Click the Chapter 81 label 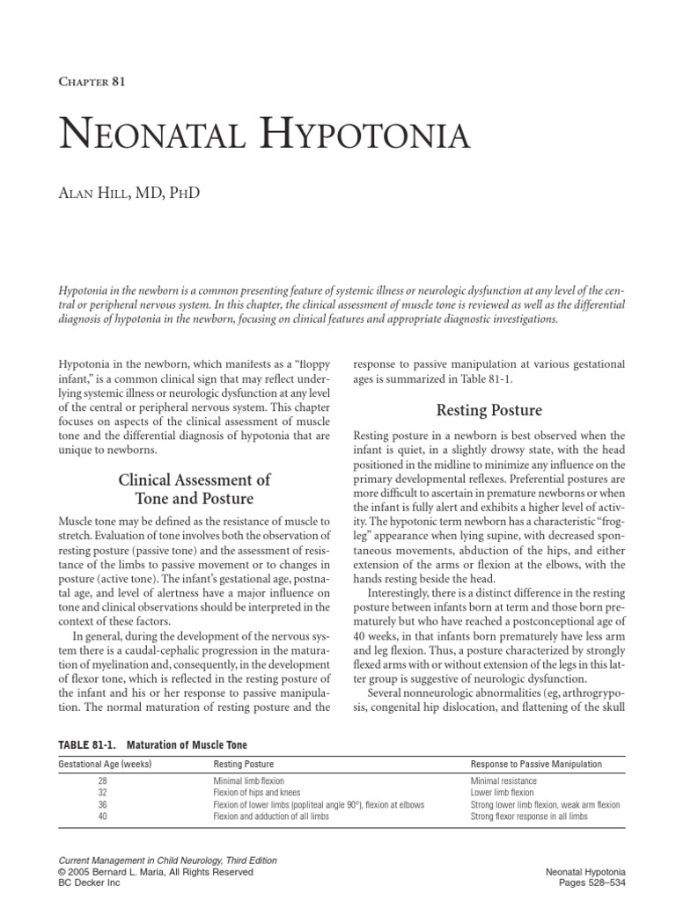(92, 84)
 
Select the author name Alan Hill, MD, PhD (129, 192)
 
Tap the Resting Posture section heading (489, 410)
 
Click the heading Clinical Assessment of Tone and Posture (194, 489)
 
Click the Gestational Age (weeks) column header (105, 765)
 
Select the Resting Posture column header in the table (242, 765)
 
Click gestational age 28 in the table (106, 780)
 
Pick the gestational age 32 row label (106, 793)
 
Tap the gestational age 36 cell (106, 805)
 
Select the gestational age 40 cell (106, 817)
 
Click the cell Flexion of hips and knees (257, 793)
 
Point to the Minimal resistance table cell (503, 780)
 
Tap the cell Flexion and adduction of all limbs (268, 817)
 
